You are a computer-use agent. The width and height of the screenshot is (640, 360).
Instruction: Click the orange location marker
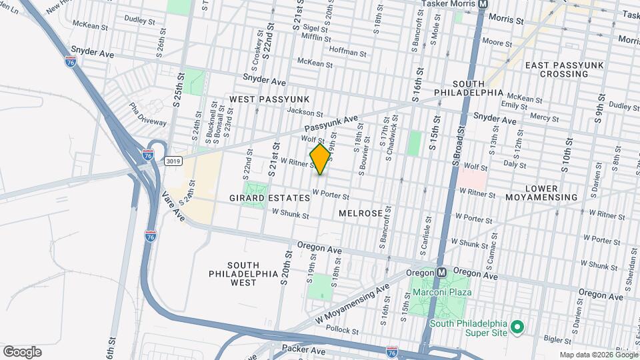[x=320, y=159]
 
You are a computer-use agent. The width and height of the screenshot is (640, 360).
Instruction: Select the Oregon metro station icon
[x=441, y=273]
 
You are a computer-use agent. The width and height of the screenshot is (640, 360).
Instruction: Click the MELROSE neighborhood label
[x=360, y=213]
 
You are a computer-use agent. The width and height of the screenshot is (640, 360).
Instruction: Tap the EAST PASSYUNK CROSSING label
[x=557, y=69]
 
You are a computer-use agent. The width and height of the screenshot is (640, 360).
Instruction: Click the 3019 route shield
[x=173, y=161]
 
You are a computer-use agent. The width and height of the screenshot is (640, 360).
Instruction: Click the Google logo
[x=22, y=352]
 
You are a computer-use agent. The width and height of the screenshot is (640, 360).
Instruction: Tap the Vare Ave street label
[x=173, y=207]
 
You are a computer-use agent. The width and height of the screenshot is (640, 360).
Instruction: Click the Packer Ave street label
[x=303, y=349]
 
